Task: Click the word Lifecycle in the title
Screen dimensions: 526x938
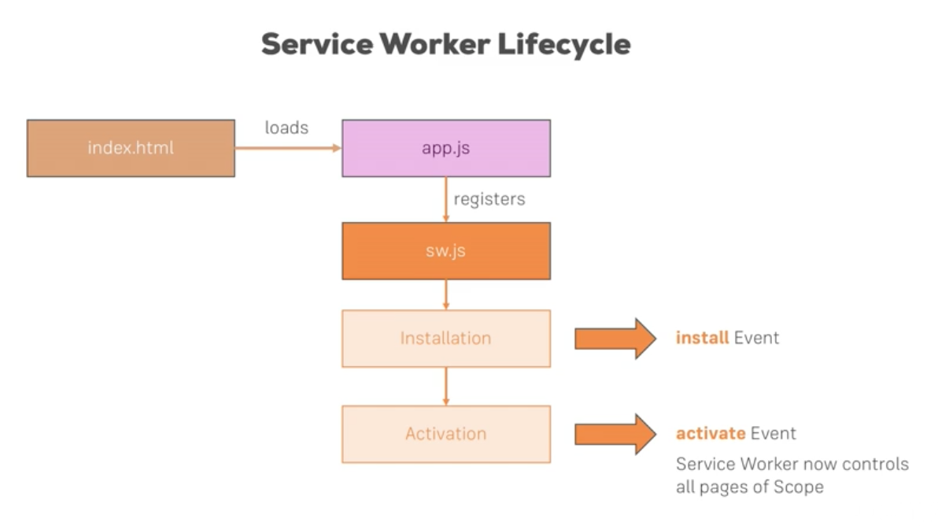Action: pyautogui.click(x=563, y=44)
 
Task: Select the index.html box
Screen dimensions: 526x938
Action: pyautogui.click(x=131, y=148)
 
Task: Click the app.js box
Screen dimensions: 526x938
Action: pyautogui.click(x=445, y=148)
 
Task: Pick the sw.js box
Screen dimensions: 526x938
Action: pyautogui.click(x=445, y=250)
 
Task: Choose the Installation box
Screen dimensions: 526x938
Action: pyautogui.click(x=445, y=339)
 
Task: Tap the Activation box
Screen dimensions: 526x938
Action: pyautogui.click(x=445, y=434)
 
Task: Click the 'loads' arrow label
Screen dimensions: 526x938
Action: pyautogui.click(x=286, y=128)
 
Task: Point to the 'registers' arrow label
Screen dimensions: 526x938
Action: pyautogui.click(x=489, y=199)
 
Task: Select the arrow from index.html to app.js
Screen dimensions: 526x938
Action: pyautogui.click(x=287, y=148)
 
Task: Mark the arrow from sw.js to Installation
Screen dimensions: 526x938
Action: pyautogui.click(x=446, y=294)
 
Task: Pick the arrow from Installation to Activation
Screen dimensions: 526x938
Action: pyautogui.click(x=446, y=386)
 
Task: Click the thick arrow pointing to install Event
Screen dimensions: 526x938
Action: pyautogui.click(x=615, y=339)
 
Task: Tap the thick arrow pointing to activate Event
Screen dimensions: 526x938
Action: pyautogui.click(x=615, y=434)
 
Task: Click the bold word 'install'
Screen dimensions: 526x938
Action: pyautogui.click(x=702, y=339)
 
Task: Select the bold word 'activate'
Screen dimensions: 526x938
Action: pyautogui.click(x=711, y=434)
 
